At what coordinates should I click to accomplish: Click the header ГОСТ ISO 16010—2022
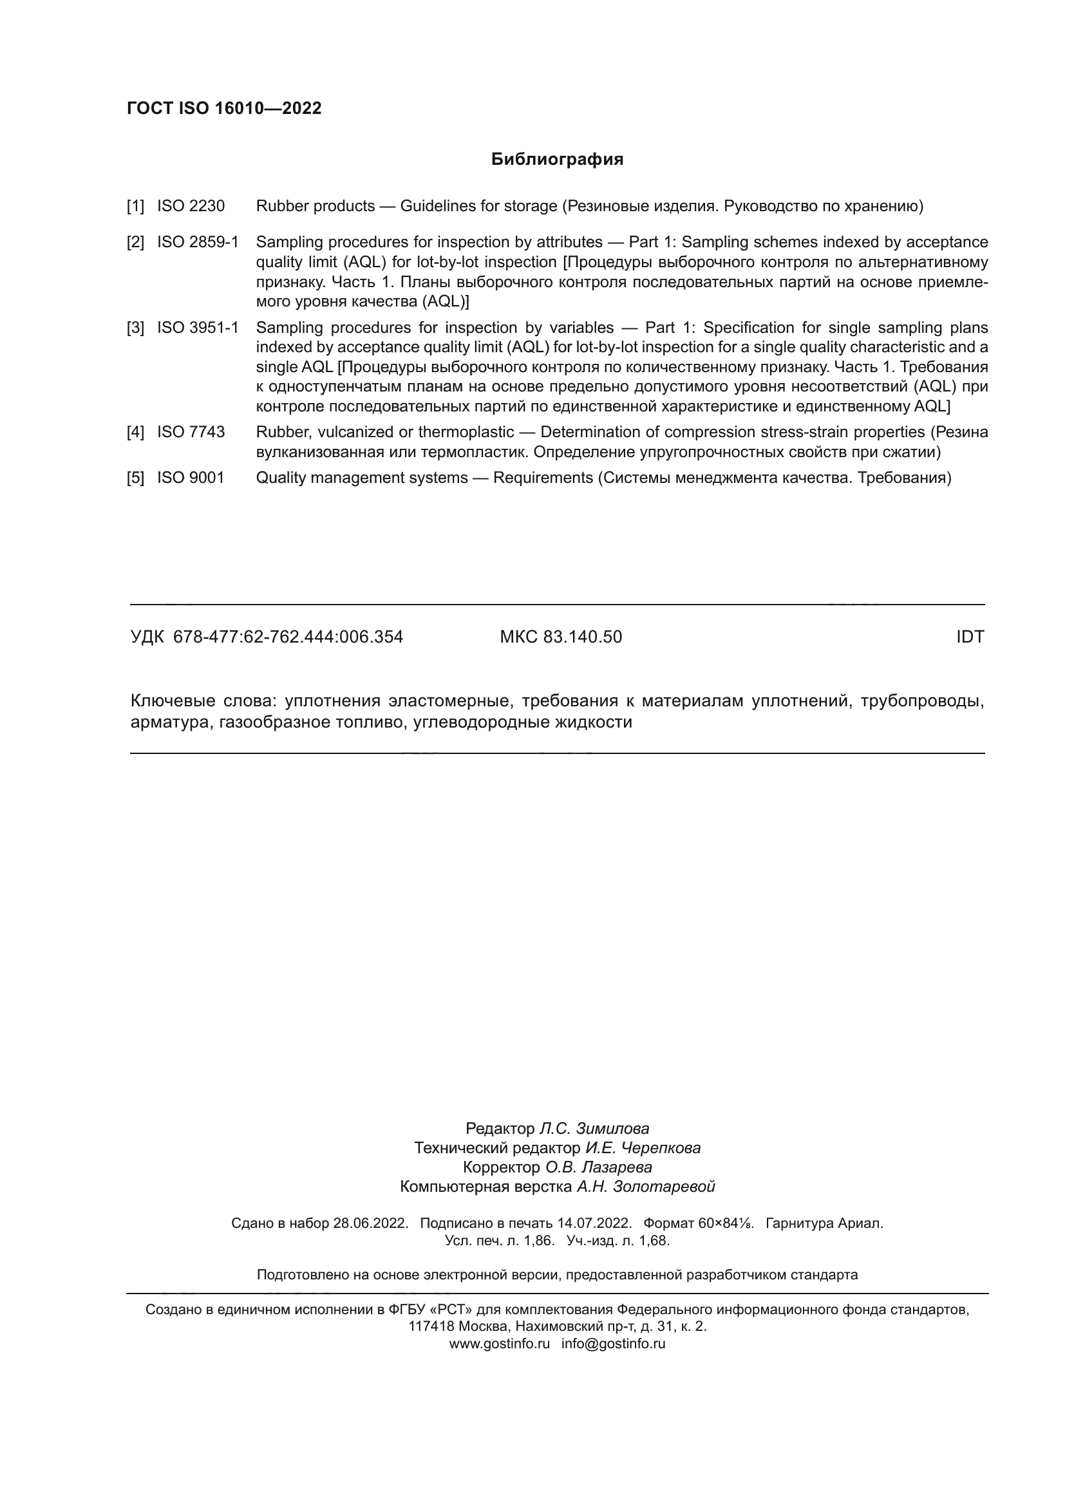[x=224, y=108]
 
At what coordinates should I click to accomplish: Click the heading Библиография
[x=557, y=160]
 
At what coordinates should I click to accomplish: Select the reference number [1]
[x=135, y=206]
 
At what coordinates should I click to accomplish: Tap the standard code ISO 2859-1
[x=198, y=242]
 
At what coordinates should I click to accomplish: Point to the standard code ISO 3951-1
[x=198, y=327]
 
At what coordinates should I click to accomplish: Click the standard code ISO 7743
[x=190, y=431]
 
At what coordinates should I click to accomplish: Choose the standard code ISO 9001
[x=190, y=478]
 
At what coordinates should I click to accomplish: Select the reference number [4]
[x=135, y=431]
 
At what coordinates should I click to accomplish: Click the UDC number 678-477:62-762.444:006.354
[x=288, y=637]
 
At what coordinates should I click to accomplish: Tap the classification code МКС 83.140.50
[x=561, y=637]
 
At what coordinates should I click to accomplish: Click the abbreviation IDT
[x=970, y=637]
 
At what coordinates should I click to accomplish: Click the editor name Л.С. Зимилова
[x=594, y=1128]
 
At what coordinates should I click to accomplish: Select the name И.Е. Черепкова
[x=643, y=1148]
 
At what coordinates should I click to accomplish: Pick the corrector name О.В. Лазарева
[x=599, y=1167]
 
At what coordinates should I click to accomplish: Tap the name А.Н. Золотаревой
[x=645, y=1186]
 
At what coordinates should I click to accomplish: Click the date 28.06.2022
[x=370, y=1223]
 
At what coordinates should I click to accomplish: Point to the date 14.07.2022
[x=594, y=1223]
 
